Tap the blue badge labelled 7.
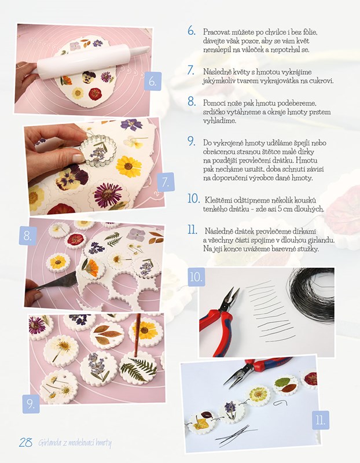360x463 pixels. coord(166,182)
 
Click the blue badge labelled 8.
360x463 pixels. coord(28,236)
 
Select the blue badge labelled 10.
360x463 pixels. coord(196,277)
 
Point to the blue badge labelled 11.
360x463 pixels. coord(321,420)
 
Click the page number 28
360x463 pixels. coord(25,442)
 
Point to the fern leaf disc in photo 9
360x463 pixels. coord(138,368)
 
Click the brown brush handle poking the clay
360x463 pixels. coord(137,336)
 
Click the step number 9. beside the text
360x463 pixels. coord(192,141)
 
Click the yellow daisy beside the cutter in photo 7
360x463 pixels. coord(128,167)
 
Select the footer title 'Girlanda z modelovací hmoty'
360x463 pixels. coord(75,443)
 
